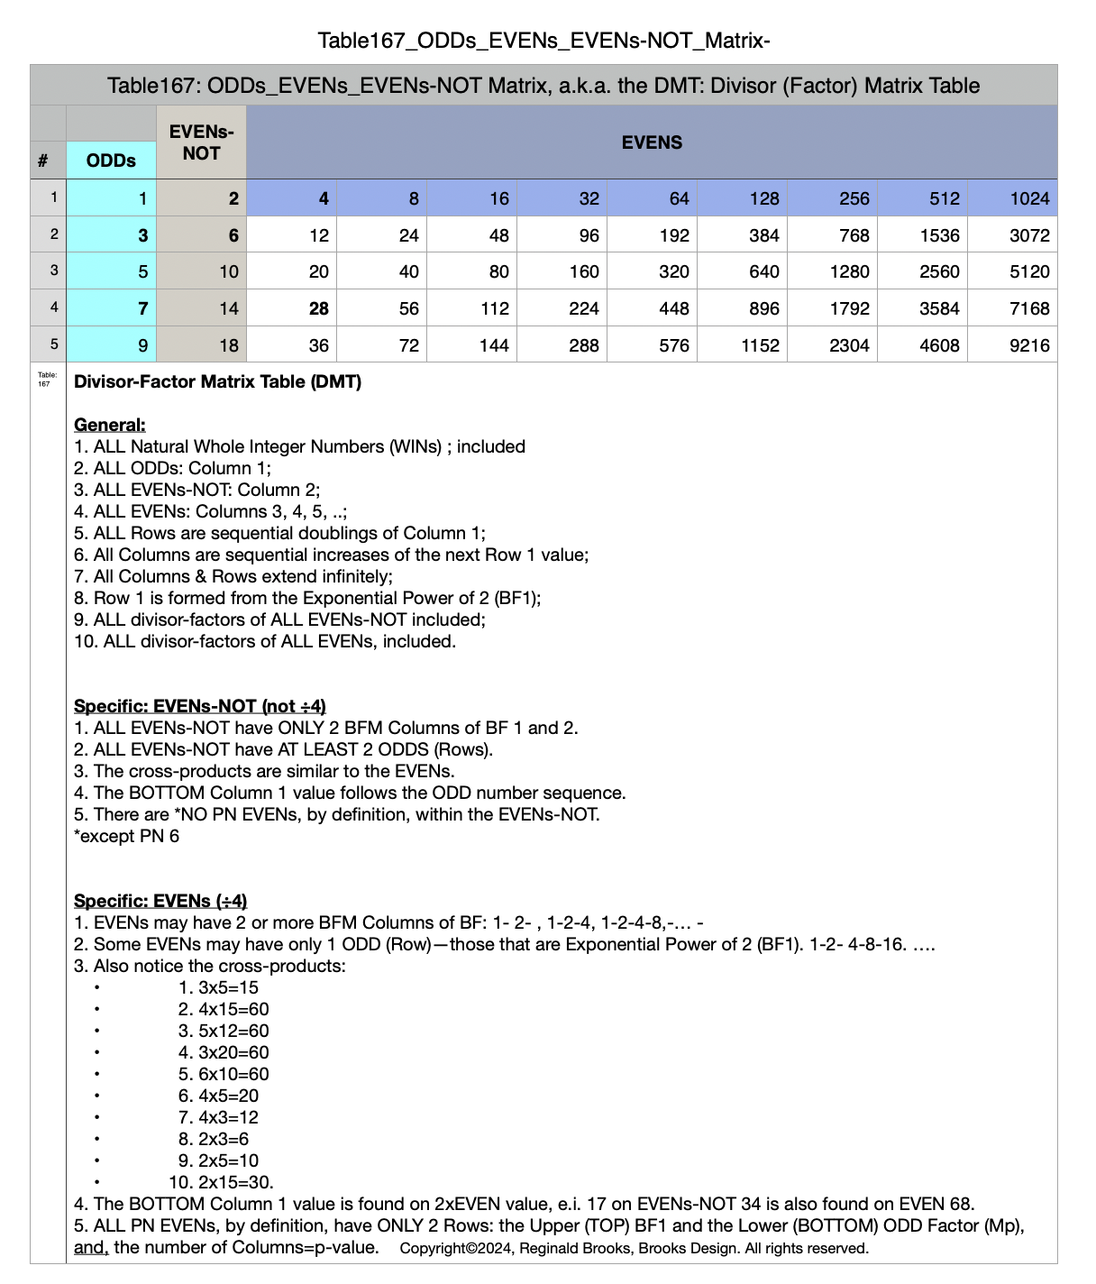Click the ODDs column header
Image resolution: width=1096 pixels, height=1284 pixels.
pyautogui.click(x=111, y=160)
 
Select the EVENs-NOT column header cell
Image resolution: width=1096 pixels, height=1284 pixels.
pyautogui.click(x=201, y=142)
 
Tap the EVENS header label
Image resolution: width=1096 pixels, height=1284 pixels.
pyautogui.click(x=652, y=142)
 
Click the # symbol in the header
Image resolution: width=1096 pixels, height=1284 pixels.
pyautogui.click(x=43, y=161)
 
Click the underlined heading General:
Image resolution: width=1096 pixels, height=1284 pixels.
pyautogui.click(x=109, y=425)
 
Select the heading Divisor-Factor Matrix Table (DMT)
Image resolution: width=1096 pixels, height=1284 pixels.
pyautogui.click(x=217, y=381)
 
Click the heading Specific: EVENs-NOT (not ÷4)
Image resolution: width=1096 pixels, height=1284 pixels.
pyautogui.click(x=199, y=706)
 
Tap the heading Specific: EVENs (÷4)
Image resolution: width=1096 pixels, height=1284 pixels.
pyautogui.click(x=160, y=901)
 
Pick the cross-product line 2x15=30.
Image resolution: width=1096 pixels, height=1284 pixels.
pyautogui.click(x=222, y=1182)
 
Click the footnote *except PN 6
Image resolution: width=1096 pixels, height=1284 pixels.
pyautogui.click(x=126, y=836)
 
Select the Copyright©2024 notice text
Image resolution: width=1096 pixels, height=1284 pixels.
pyautogui.click(x=634, y=1249)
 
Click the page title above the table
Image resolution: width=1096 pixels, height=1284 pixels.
pyautogui.click(x=543, y=41)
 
